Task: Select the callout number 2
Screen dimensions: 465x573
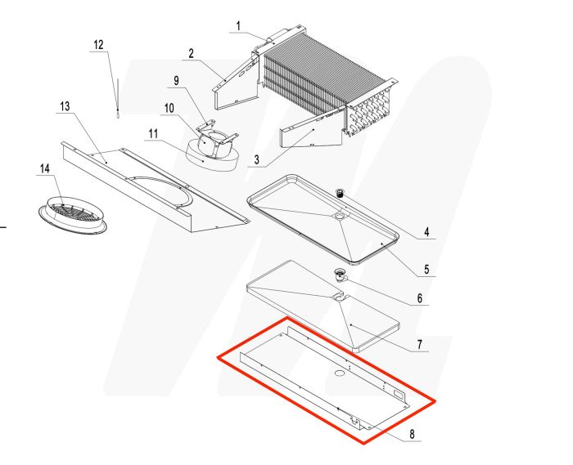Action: (191, 54)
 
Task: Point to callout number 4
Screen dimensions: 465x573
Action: (426, 232)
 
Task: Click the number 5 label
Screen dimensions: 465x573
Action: (426, 267)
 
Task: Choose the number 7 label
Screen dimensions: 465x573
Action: (419, 345)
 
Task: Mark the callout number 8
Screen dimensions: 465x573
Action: (413, 435)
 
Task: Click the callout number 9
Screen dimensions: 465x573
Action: (175, 80)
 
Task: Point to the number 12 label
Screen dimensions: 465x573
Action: (98, 45)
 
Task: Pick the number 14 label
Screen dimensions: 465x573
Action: (44, 169)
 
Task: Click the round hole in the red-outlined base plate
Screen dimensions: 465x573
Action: (336, 373)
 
